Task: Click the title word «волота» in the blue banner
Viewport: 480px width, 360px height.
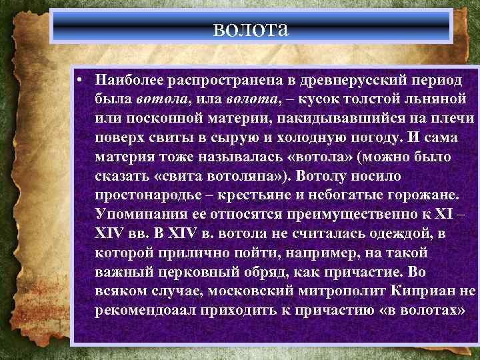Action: click(x=251, y=29)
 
